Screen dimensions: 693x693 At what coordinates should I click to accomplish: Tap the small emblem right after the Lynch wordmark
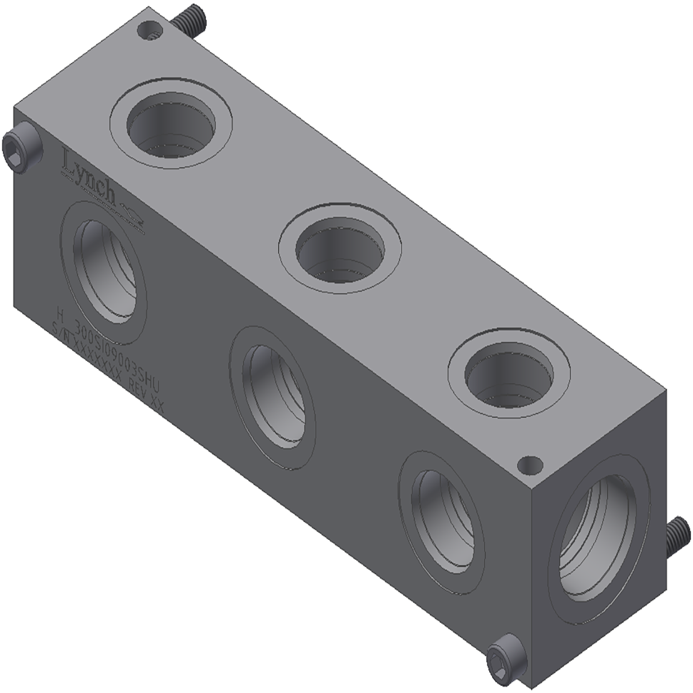133,210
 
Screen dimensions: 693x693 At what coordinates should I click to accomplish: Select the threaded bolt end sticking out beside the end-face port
677,536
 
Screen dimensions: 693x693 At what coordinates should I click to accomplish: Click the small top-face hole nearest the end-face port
530,466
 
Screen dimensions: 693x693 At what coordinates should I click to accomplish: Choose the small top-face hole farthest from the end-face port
149,30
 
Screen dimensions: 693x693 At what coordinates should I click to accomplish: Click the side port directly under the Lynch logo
105,270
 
